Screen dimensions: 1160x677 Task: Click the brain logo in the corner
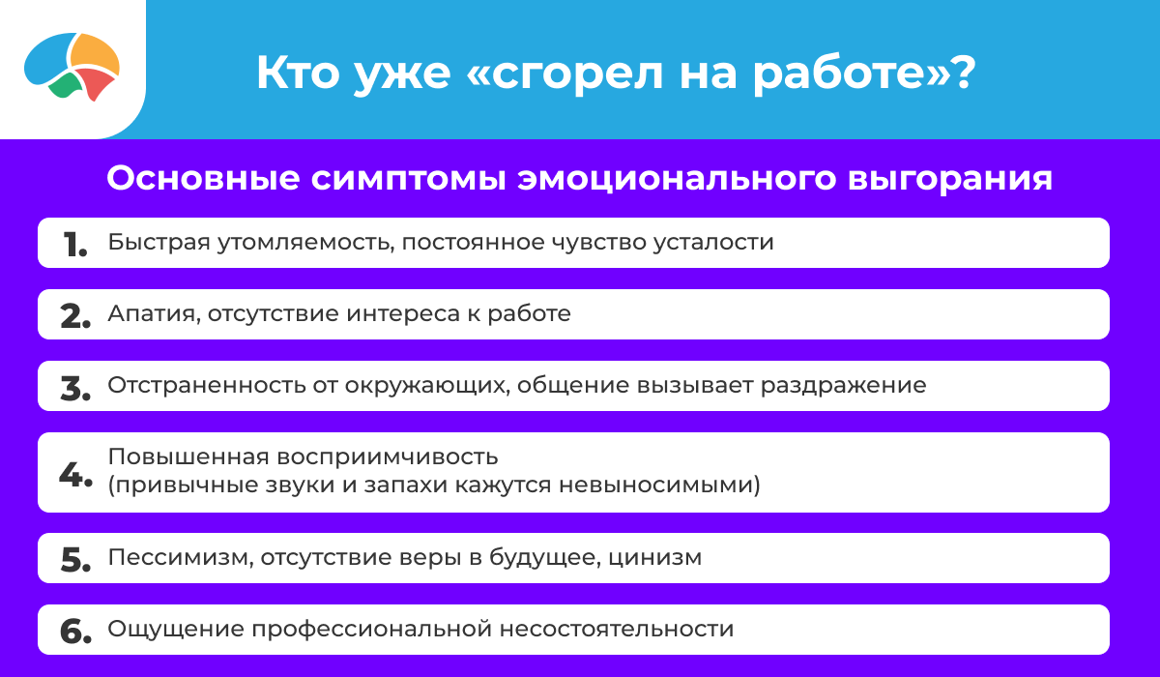tap(72, 67)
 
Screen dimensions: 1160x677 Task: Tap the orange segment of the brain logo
tap(96, 53)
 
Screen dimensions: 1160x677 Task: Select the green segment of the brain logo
tap(67, 85)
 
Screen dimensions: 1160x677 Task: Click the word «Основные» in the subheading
tap(204, 179)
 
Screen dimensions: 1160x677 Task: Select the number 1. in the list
tap(75, 245)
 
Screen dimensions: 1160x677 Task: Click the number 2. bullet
tap(75, 316)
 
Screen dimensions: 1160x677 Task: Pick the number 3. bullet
tap(75, 389)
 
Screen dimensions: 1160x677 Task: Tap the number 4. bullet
tap(75, 474)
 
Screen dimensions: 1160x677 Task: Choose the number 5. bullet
tap(75, 560)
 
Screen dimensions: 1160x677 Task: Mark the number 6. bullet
tap(75, 632)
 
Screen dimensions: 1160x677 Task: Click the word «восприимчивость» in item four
tap(388, 457)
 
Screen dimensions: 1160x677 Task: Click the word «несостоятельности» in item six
tap(617, 630)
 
